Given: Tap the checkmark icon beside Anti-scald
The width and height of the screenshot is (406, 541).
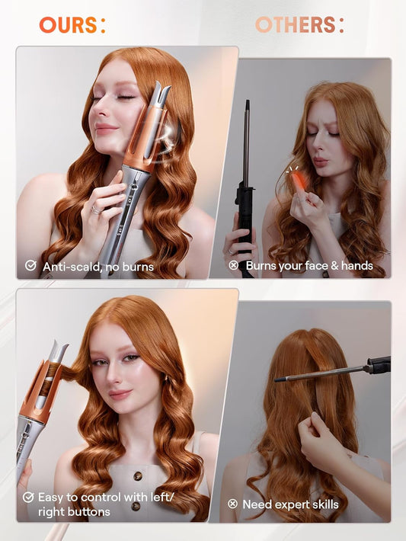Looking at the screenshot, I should coord(30,266).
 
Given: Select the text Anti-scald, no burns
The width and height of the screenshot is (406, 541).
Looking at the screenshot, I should coord(98,267).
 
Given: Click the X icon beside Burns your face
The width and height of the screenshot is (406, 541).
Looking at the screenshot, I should coord(234,266).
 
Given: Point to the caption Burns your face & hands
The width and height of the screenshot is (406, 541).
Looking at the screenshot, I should coord(309,266).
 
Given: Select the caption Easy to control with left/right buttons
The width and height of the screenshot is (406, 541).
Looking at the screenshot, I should coord(99,504).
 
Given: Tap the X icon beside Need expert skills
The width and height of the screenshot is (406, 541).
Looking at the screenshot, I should coord(233,504).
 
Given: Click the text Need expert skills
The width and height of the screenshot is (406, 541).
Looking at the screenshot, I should coord(290,504).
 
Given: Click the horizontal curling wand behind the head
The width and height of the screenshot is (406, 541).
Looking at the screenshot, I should coord(328,371).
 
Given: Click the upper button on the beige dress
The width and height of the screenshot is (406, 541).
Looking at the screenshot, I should coord(139,476).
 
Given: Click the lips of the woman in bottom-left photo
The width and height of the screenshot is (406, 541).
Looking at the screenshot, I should coord(120,394).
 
